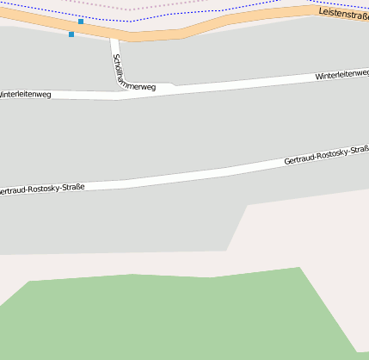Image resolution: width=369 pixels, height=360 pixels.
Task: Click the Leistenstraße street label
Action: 343,14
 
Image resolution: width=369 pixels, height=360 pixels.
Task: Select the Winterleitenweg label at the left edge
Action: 25,94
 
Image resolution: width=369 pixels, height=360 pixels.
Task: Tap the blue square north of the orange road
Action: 81,21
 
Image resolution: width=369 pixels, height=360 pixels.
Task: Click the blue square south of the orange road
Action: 71,34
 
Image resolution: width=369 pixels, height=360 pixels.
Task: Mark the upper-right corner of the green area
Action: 299,268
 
